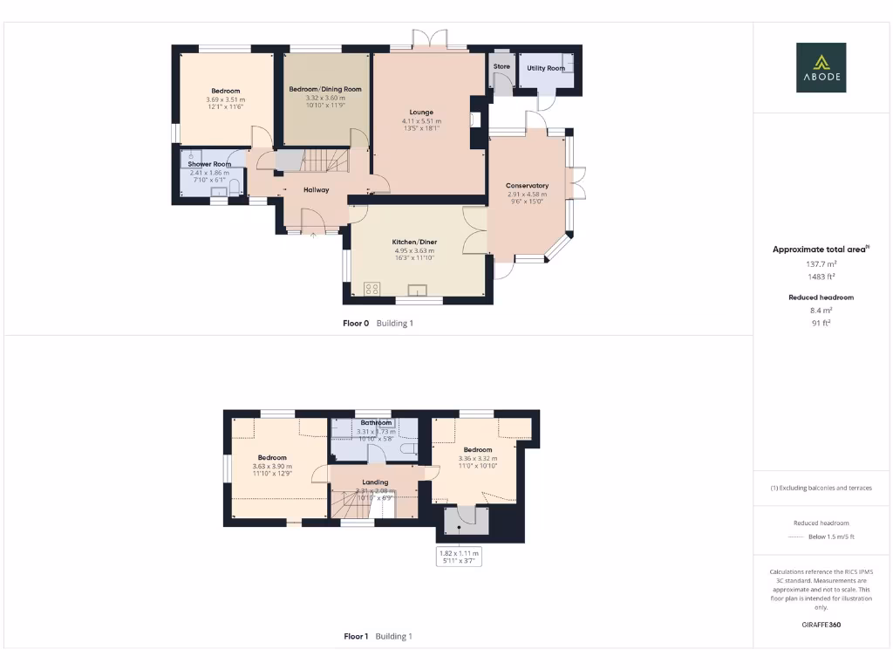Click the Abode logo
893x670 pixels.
[820, 67]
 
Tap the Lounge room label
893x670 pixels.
[422, 112]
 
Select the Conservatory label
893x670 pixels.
[527, 185]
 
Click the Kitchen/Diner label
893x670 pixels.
[415, 242]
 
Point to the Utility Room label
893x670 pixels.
[546, 68]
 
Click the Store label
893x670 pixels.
[501, 66]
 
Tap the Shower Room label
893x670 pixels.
[209, 164]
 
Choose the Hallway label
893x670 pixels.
[316, 189]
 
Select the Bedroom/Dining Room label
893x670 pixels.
[325, 89]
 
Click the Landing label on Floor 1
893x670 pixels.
[375, 482]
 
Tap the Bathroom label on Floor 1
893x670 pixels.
[376, 423]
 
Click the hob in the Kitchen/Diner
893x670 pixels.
[372, 289]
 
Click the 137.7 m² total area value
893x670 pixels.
[820, 263]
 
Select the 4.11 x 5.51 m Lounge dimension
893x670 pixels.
[422, 120]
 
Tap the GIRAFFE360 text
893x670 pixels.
[820, 625]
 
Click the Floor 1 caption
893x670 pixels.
[356, 636]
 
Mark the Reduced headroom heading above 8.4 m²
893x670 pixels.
[820, 297]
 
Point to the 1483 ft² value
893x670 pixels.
[820, 276]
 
